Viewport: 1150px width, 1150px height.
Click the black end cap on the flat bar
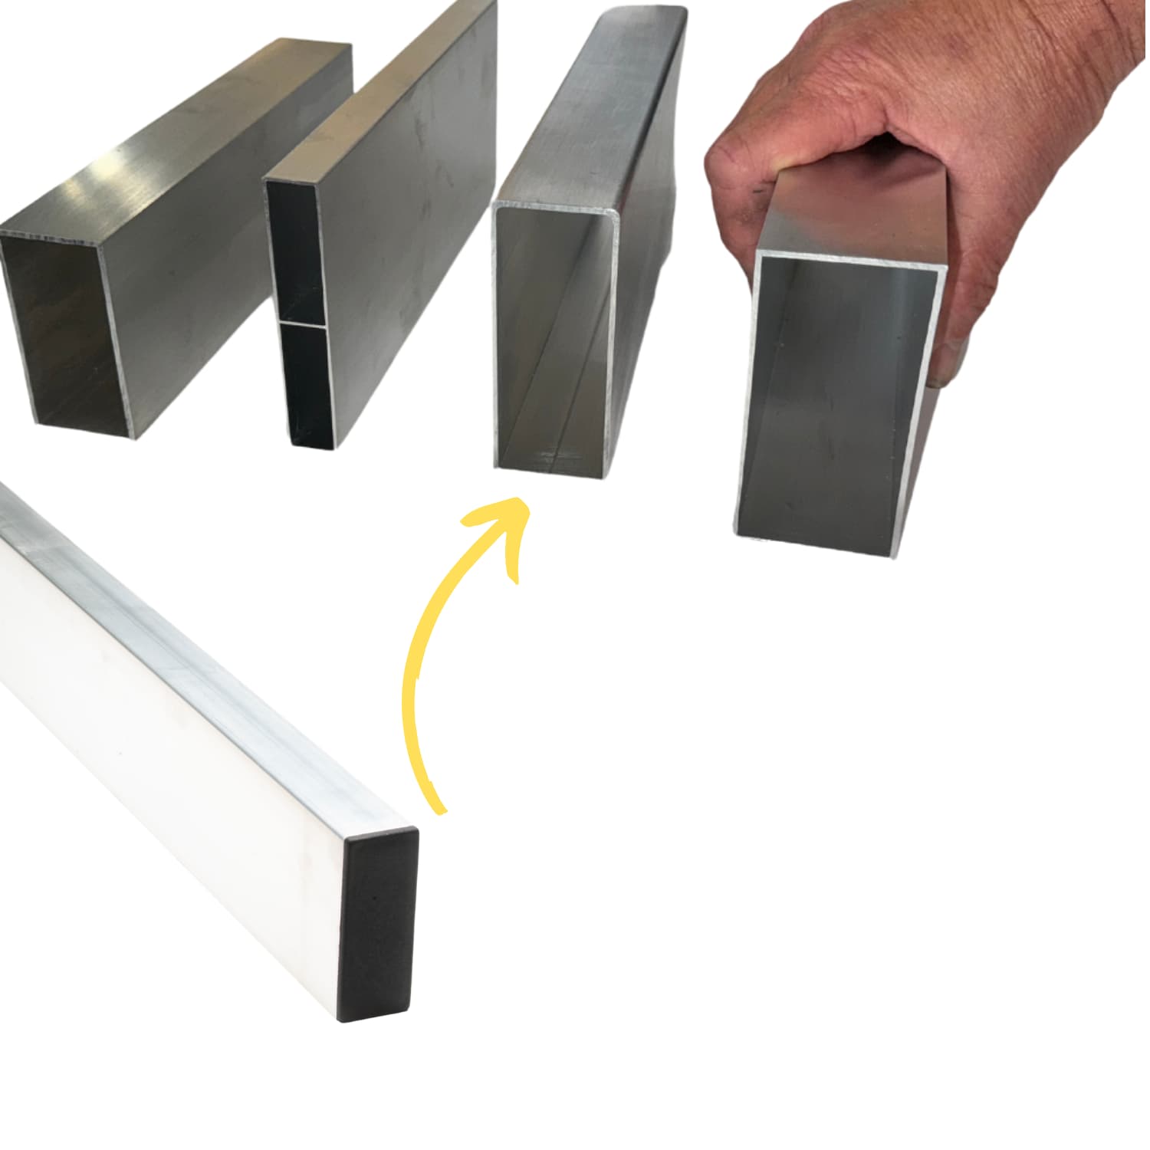click(x=378, y=925)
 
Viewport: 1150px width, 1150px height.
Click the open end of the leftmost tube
click(x=65, y=337)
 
